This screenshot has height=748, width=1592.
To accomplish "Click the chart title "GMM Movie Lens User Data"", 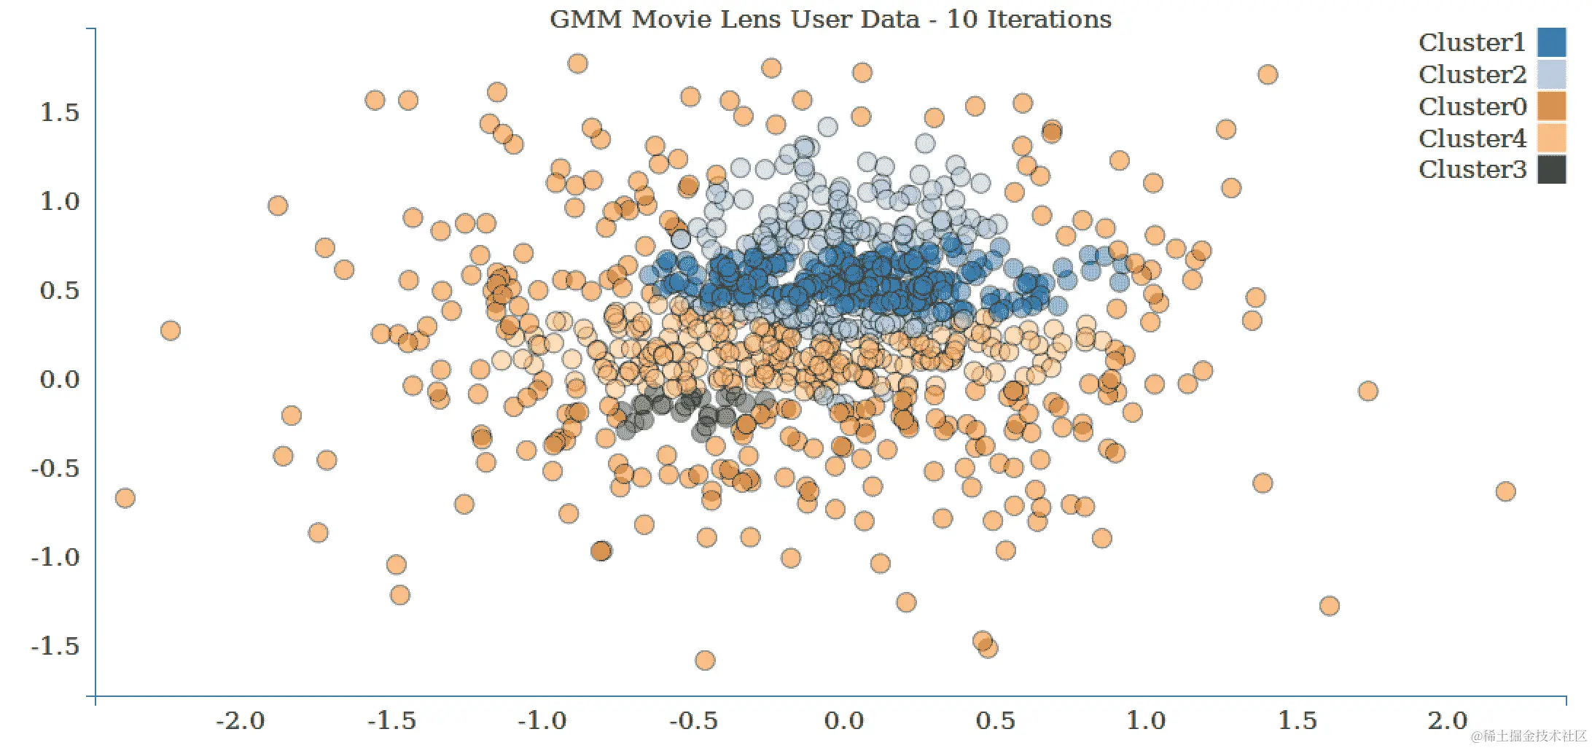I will click(x=735, y=19).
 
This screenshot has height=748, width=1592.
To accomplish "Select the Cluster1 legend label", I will click(x=1472, y=43).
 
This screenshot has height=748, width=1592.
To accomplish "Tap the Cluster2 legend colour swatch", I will click(x=1551, y=74).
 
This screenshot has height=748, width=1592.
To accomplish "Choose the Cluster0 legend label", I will click(x=1472, y=106).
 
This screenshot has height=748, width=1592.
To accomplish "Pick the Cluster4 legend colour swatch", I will click(x=1551, y=138).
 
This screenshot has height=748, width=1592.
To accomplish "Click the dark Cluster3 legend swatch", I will click(x=1551, y=169).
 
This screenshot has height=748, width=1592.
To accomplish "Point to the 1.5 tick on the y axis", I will click(x=60, y=113).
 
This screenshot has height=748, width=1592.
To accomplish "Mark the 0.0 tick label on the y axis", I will click(x=60, y=380).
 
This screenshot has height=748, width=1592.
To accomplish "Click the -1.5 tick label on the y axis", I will click(x=55, y=647).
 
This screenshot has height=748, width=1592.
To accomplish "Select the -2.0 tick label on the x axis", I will click(x=241, y=721).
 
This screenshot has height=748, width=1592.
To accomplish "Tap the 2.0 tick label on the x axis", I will click(x=1448, y=721).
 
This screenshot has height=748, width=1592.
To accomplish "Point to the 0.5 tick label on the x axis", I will click(x=995, y=721).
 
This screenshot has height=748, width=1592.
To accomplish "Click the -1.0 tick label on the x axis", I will click(x=542, y=721).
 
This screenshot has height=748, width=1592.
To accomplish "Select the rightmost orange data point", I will click(x=1505, y=491).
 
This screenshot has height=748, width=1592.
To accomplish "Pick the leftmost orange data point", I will click(x=125, y=498).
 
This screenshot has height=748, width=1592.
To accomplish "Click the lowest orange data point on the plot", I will click(x=705, y=661).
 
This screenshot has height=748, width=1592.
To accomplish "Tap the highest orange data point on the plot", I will click(x=577, y=63).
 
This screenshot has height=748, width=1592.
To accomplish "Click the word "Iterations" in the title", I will click(x=1049, y=19).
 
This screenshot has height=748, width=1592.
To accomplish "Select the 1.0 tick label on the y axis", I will click(x=60, y=202).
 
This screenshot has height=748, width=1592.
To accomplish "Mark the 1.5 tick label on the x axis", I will click(x=1298, y=721).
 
